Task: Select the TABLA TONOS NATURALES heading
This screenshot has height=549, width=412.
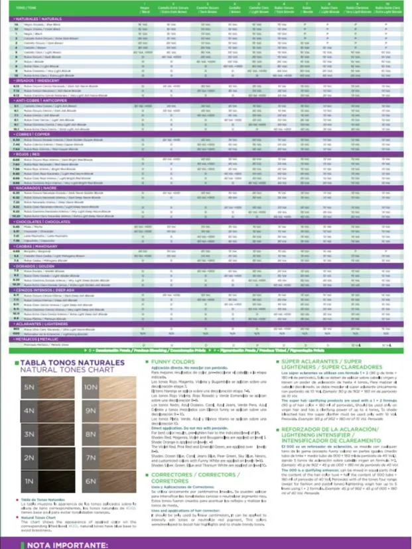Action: [x=63, y=363]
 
